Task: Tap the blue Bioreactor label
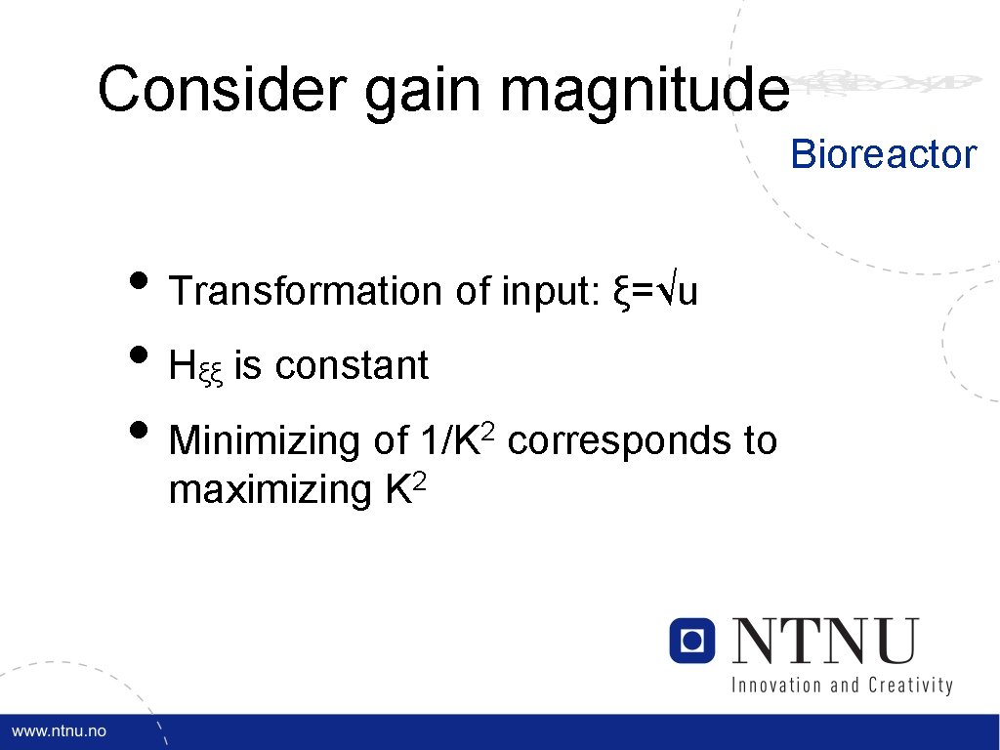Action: coord(883,154)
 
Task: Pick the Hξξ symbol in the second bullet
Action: coord(196,367)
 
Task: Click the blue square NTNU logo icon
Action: coord(692,641)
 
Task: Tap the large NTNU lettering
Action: coord(825,642)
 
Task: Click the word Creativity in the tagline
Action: coord(908,685)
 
